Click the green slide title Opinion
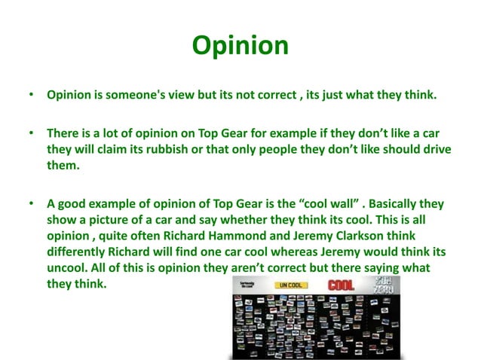[240, 45]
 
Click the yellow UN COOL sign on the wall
[292, 285]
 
